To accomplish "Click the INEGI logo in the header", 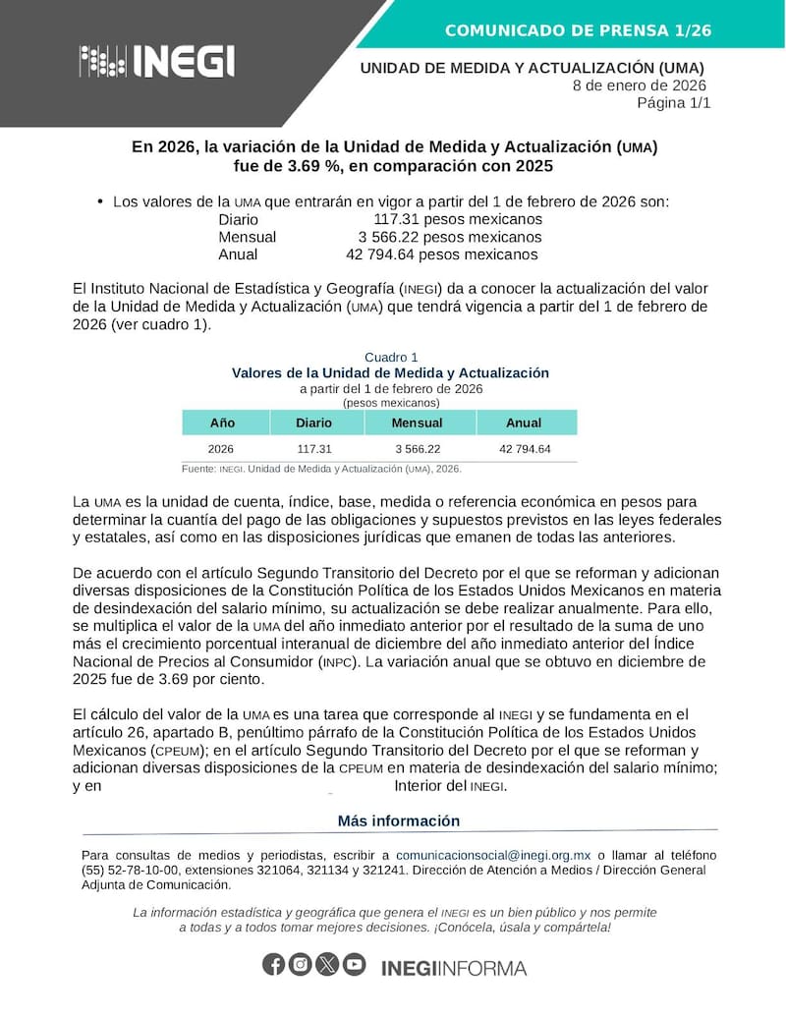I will pyautogui.click(x=157, y=61).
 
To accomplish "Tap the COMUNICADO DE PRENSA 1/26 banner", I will pyautogui.click(x=578, y=30).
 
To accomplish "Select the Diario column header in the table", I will pyautogui.click(x=314, y=423).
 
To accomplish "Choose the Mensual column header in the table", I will pyautogui.click(x=417, y=423).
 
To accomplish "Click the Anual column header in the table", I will pyautogui.click(x=524, y=423).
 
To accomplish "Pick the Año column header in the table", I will pyautogui.click(x=223, y=423).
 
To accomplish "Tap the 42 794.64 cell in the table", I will pyautogui.click(x=525, y=449).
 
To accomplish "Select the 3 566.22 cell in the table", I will pyautogui.click(x=417, y=449).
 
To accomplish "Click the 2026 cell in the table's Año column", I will pyautogui.click(x=221, y=449).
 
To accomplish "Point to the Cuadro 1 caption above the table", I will pyautogui.click(x=391, y=357).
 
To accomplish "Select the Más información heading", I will pyautogui.click(x=399, y=820).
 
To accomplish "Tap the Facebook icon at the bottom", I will pyautogui.click(x=274, y=965).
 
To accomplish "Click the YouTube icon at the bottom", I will pyautogui.click(x=354, y=965).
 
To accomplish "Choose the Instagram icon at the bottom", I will pyautogui.click(x=301, y=965).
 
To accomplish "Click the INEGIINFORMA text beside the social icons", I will pyautogui.click(x=453, y=968).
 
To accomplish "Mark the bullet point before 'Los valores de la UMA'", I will pyautogui.click(x=100, y=201).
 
